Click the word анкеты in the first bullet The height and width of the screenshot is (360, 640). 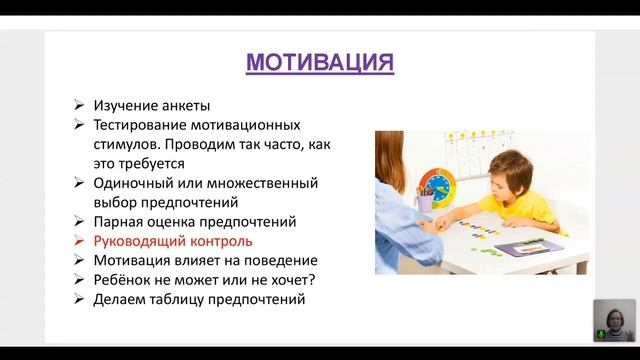[184, 105]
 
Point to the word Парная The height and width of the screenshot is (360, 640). [118, 221]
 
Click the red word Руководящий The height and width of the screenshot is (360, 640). [142, 241]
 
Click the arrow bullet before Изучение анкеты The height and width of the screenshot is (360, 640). [79, 106]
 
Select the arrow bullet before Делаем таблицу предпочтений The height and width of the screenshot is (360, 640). [79, 299]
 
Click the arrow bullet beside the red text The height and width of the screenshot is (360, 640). [79, 241]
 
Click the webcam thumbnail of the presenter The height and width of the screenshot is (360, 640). [613, 321]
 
